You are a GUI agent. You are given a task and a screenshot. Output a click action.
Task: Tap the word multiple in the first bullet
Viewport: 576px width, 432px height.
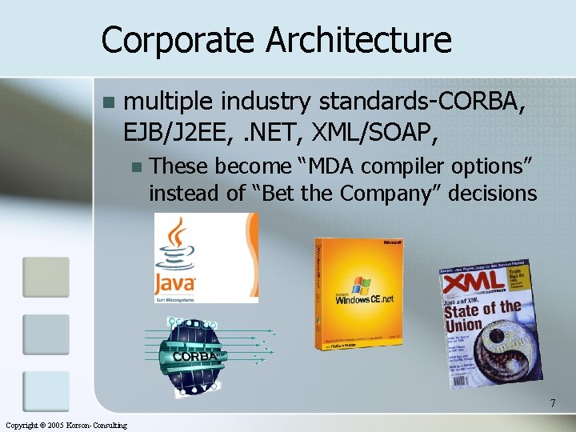click(170, 103)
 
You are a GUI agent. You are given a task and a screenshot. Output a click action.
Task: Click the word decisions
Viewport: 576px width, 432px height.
click(497, 194)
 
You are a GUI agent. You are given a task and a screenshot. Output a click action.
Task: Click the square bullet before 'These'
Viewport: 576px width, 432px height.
click(136, 167)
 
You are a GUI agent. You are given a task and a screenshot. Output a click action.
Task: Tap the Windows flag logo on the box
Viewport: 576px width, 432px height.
click(361, 285)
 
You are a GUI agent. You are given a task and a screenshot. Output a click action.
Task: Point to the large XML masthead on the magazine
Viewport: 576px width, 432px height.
click(474, 285)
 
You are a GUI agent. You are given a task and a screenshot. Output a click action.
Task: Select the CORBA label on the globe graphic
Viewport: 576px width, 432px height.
click(197, 355)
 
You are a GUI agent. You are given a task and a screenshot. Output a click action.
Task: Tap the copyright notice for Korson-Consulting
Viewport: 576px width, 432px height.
click(65, 425)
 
